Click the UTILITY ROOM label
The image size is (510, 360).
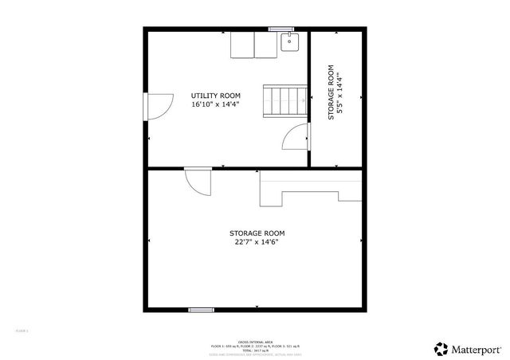pyautogui.click(x=214, y=96)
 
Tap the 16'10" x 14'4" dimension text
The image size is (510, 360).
pyautogui.click(x=214, y=104)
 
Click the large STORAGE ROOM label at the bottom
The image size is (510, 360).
pyautogui.click(x=257, y=233)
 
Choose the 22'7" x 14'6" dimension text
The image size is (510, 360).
pyautogui.click(x=257, y=243)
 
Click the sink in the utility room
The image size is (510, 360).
pyautogui.click(x=290, y=42)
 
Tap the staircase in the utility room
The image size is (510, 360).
pyautogui.click(x=284, y=100)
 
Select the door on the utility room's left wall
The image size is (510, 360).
pyautogui.click(x=156, y=105)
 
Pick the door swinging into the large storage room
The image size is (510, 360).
pyautogui.click(x=198, y=182)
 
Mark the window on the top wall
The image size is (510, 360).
pyautogui.click(x=281, y=29)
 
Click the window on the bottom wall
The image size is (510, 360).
pyautogui.click(x=201, y=310)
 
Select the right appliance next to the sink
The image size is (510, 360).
pyautogui.click(x=265, y=45)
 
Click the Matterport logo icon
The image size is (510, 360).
pyautogui.click(x=441, y=348)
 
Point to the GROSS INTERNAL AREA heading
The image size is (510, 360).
pyautogui.click(x=254, y=340)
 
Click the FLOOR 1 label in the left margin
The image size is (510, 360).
pyautogui.click(x=22, y=330)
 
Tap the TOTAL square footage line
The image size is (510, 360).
pyautogui.click(x=254, y=350)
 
